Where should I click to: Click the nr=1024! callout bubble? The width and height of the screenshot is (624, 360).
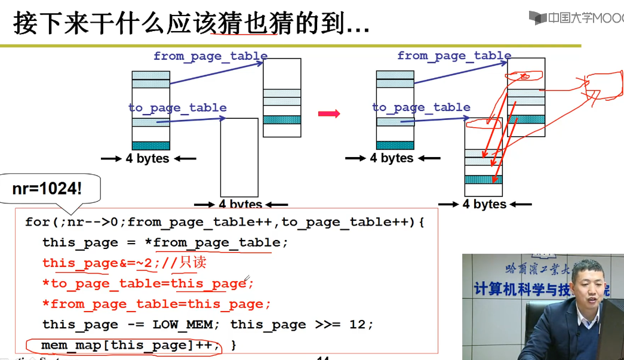point(47,190)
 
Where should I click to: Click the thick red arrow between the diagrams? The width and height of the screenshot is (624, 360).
point(328,113)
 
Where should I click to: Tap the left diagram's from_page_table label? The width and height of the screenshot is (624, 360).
point(210,56)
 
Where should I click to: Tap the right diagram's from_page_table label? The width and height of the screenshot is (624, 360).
point(454,56)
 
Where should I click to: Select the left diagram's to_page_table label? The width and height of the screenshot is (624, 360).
point(177,108)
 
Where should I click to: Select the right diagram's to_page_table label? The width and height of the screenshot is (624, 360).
point(421,107)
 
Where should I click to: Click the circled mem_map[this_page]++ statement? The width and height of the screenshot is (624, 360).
point(122,345)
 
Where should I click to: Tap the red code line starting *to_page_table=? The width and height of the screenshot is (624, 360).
point(148,284)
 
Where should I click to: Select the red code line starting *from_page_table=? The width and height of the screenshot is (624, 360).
point(156,304)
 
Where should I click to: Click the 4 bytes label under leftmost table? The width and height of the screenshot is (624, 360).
point(147,159)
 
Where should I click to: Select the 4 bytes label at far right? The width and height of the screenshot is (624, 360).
point(484,205)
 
